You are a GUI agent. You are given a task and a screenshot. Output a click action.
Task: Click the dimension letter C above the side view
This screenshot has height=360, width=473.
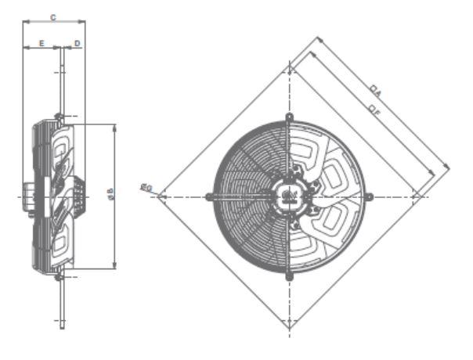[x=52, y=15]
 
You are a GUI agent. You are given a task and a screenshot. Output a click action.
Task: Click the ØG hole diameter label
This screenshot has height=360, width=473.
[x=146, y=186]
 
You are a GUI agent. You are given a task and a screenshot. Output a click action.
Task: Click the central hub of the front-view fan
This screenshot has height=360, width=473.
[x=289, y=196]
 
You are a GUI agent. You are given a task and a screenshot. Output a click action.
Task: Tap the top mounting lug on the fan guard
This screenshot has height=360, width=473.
[x=289, y=116]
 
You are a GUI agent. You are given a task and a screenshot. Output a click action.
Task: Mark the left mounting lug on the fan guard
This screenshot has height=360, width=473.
[x=208, y=196]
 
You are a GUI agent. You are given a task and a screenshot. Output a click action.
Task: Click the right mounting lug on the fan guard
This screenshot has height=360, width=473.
[x=369, y=196]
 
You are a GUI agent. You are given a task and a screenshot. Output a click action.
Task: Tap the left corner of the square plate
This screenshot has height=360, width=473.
[x=159, y=196]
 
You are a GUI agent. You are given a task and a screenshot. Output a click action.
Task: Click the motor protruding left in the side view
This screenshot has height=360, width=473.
[x=29, y=196]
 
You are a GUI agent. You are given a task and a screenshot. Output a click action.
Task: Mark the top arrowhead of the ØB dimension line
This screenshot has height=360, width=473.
[x=115, y=125]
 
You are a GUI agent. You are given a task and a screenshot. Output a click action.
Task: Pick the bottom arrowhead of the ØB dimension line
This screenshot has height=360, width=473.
[x=115, y=269]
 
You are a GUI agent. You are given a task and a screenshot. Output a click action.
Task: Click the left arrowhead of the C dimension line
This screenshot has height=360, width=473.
[x=24, y=22]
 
